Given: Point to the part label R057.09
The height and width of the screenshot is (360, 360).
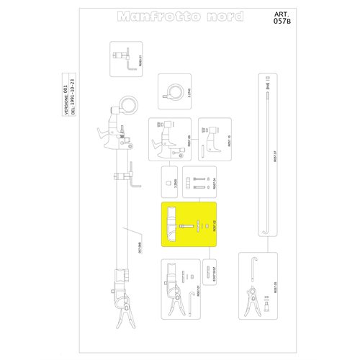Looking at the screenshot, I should (189, 142).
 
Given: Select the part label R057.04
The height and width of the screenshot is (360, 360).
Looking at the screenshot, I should (214, 184).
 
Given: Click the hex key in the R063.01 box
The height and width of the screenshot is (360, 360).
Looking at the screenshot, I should (130, 66).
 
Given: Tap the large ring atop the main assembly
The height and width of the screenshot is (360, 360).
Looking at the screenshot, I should (129, 105).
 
